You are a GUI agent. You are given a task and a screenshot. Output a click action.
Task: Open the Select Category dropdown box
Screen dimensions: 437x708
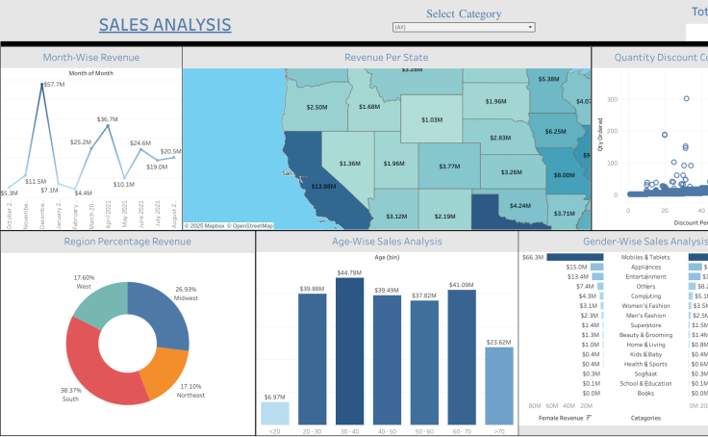point(464,27)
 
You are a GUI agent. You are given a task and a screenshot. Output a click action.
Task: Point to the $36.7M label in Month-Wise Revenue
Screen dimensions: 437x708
point(107,119)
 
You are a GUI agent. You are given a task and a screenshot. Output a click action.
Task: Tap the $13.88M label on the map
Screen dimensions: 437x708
point(323,186)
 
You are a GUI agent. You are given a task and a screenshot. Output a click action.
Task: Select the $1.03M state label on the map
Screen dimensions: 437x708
point(431,120)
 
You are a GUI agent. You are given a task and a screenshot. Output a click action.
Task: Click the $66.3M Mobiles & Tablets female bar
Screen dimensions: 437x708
point(575,257)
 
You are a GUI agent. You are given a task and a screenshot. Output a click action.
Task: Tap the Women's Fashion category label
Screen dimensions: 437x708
point(645,305)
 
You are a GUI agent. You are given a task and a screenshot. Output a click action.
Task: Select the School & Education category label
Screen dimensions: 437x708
point(645,383)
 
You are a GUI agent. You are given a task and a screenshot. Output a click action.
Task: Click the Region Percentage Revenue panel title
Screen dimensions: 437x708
point(127,242)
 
